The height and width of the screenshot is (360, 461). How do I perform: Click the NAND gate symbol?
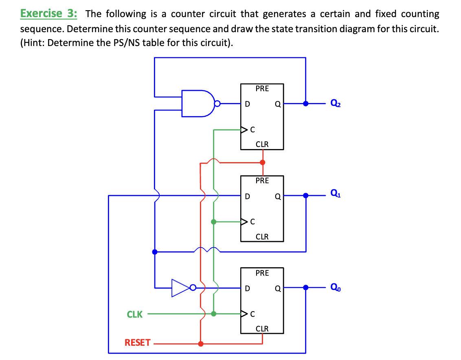tap(198, 104)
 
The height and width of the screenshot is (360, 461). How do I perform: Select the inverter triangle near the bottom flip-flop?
tap(180, 288)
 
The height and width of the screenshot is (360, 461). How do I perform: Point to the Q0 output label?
tap(336, 288)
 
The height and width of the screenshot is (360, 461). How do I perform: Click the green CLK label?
tap(135, 314)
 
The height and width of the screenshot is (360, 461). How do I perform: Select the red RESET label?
tap(137, 343)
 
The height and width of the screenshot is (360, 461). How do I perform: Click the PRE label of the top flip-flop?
tap(262, 88)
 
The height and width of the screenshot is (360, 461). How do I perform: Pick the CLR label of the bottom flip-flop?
tap(262, 329)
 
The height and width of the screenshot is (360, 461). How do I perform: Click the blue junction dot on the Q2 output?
tap(305, 103)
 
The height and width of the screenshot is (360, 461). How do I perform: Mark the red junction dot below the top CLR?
tap(262, 162)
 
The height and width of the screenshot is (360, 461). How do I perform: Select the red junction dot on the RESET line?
tap(200, 344)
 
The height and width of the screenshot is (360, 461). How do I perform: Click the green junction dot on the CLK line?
tap(213, 314)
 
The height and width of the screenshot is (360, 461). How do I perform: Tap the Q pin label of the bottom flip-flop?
tap(277, 289)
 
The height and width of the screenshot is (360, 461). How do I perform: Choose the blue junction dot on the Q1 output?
tap(305, 196)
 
